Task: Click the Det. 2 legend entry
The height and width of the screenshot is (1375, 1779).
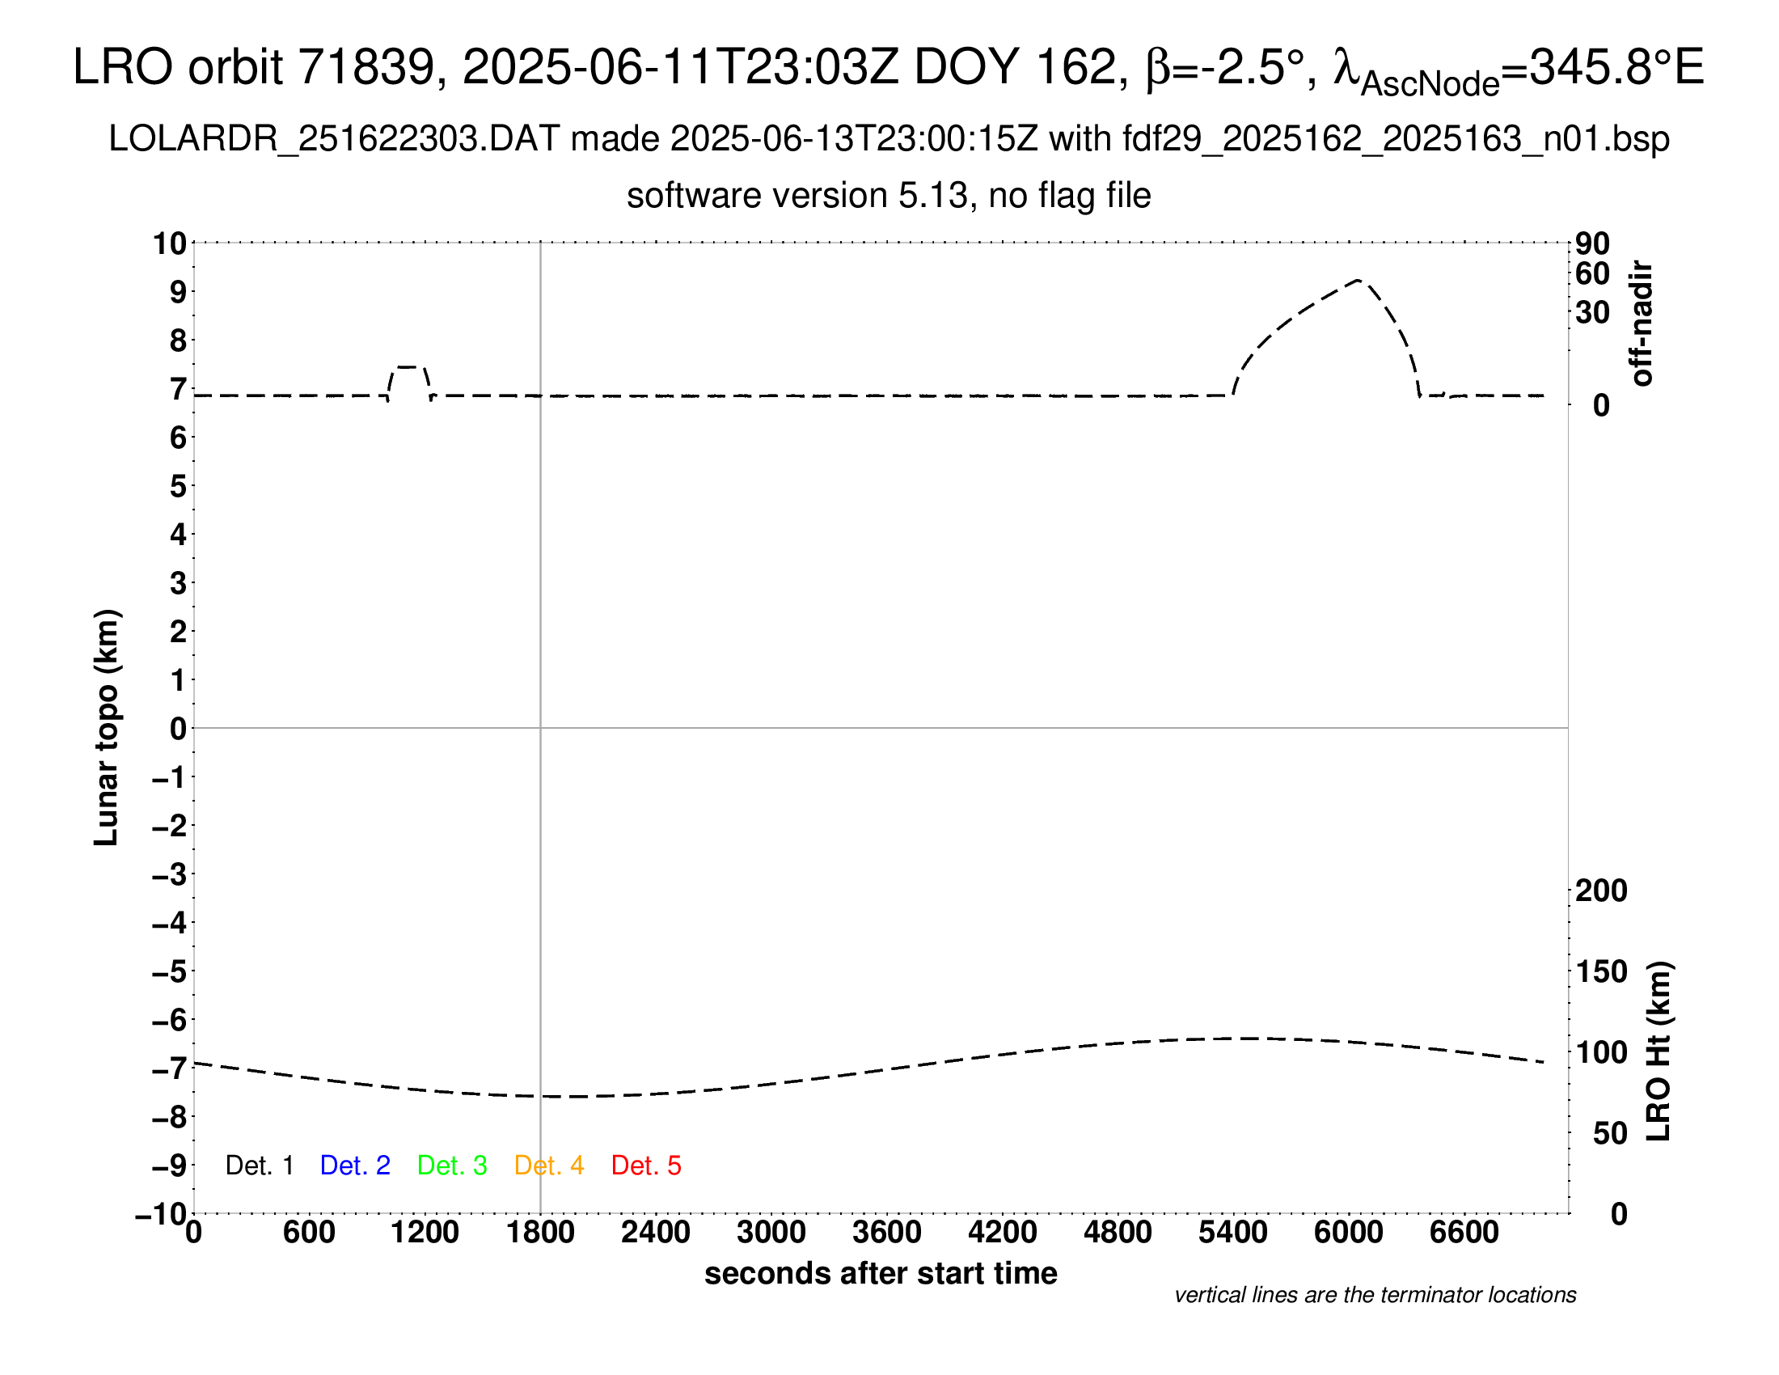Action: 355,1166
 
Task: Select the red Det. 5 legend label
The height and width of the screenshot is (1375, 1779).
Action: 646,1166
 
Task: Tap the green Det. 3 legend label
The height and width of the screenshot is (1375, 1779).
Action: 452,1166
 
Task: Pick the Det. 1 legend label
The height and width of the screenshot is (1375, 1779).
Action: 259,1166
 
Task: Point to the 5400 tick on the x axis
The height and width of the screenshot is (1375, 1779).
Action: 1232,1233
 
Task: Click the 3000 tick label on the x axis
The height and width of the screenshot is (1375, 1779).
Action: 771,1233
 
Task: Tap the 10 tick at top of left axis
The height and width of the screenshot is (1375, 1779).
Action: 171,243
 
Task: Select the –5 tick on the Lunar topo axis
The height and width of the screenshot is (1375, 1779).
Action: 171,971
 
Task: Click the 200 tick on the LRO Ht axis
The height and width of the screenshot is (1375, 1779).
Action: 1601,891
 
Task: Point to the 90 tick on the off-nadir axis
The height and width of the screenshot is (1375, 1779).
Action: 1592,243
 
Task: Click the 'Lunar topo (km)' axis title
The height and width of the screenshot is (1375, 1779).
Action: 107,728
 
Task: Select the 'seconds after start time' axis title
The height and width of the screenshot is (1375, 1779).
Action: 881,1274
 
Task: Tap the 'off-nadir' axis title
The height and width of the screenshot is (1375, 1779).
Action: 1642,324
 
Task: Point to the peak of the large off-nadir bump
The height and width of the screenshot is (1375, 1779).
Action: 1358,280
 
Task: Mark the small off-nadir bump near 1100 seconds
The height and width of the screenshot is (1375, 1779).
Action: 408,367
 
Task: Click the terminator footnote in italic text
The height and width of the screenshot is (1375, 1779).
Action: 1375,1296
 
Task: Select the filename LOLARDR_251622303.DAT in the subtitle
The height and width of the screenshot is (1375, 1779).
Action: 334,139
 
